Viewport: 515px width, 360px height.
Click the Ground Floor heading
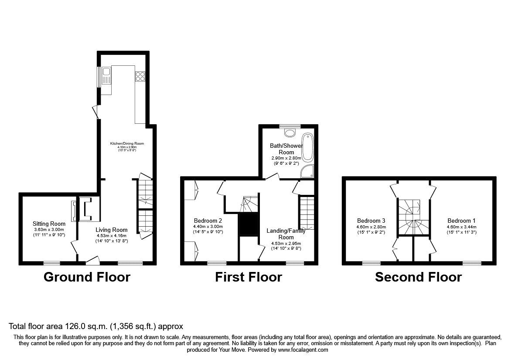[87, 277]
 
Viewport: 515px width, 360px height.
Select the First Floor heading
[248, 277]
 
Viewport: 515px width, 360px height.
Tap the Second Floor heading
[418, 277]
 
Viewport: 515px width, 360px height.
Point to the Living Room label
[112, 230]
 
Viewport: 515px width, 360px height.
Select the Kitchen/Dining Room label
[126, 143]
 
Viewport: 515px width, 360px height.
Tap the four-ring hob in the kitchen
[140, 76]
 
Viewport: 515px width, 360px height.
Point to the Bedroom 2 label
[208, 221]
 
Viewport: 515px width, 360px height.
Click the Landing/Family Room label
[286, 234]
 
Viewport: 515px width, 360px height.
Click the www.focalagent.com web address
[303, 350]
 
